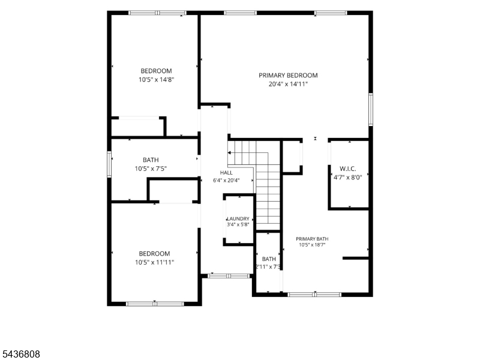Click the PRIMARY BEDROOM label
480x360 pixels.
[x=288, y=76]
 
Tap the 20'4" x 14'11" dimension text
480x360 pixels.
[x=288, y=84]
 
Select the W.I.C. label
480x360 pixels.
[x=348, y=169]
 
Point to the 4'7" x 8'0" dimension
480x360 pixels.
[x=348, y=177]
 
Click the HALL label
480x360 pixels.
[x=226, y=173]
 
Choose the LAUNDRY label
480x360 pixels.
[x=238, y=218]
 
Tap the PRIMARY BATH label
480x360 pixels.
[x=312, y=239]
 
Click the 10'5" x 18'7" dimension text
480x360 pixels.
[x=312, y=245]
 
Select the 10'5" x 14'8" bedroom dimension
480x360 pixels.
[x=157, y=80]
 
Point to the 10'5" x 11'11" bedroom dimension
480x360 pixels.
[x=155, y=262]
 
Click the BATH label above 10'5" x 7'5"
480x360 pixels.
[x=151, y=160]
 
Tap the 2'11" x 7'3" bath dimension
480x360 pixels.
[x=268, y=266]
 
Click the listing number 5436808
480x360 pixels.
[x=20, y=354]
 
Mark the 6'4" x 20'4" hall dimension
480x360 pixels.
[x=226, y=181]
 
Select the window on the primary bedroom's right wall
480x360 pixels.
[x=371, y=110]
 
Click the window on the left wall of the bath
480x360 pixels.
[x=109, y=164]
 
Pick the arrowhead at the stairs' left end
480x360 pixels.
[x=229, y=152]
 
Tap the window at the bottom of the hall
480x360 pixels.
[x=229, y=276]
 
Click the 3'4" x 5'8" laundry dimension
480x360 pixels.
[x=238, y=224]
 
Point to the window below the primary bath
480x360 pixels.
[x=314, y=295]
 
